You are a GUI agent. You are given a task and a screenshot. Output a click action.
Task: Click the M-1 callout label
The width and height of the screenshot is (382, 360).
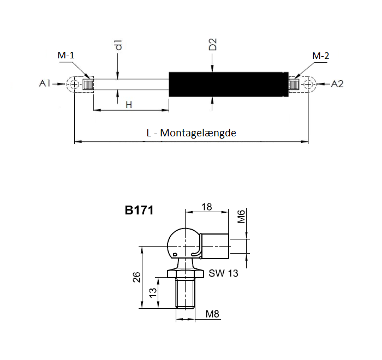pyautogui.click(x=67, y=56)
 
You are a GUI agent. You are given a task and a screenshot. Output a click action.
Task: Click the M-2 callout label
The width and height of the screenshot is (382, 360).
pyautogui.click(x=321, y=56)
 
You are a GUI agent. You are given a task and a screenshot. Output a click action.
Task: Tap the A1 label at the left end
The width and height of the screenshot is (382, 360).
pyautogui.click(x=45, y=83)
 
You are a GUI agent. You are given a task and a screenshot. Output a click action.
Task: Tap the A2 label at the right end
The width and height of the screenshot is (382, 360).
pyautogui.click(x=337, y=83)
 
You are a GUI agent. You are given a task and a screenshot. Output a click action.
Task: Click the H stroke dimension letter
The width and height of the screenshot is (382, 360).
pyautogui.click(x=129, y=104)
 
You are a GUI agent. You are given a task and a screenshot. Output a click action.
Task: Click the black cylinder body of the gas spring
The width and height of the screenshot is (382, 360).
pyautogui.click(x=226, y=84)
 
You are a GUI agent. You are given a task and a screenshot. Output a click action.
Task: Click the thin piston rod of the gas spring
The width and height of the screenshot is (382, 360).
pyautogui.click(x=131, y=84)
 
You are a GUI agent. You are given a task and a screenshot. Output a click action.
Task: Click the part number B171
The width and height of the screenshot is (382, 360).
pyautogui.click(x=139, y=210)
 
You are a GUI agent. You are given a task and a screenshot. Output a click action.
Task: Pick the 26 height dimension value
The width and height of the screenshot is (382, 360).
pyautogui.click(x=136, y=277)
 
